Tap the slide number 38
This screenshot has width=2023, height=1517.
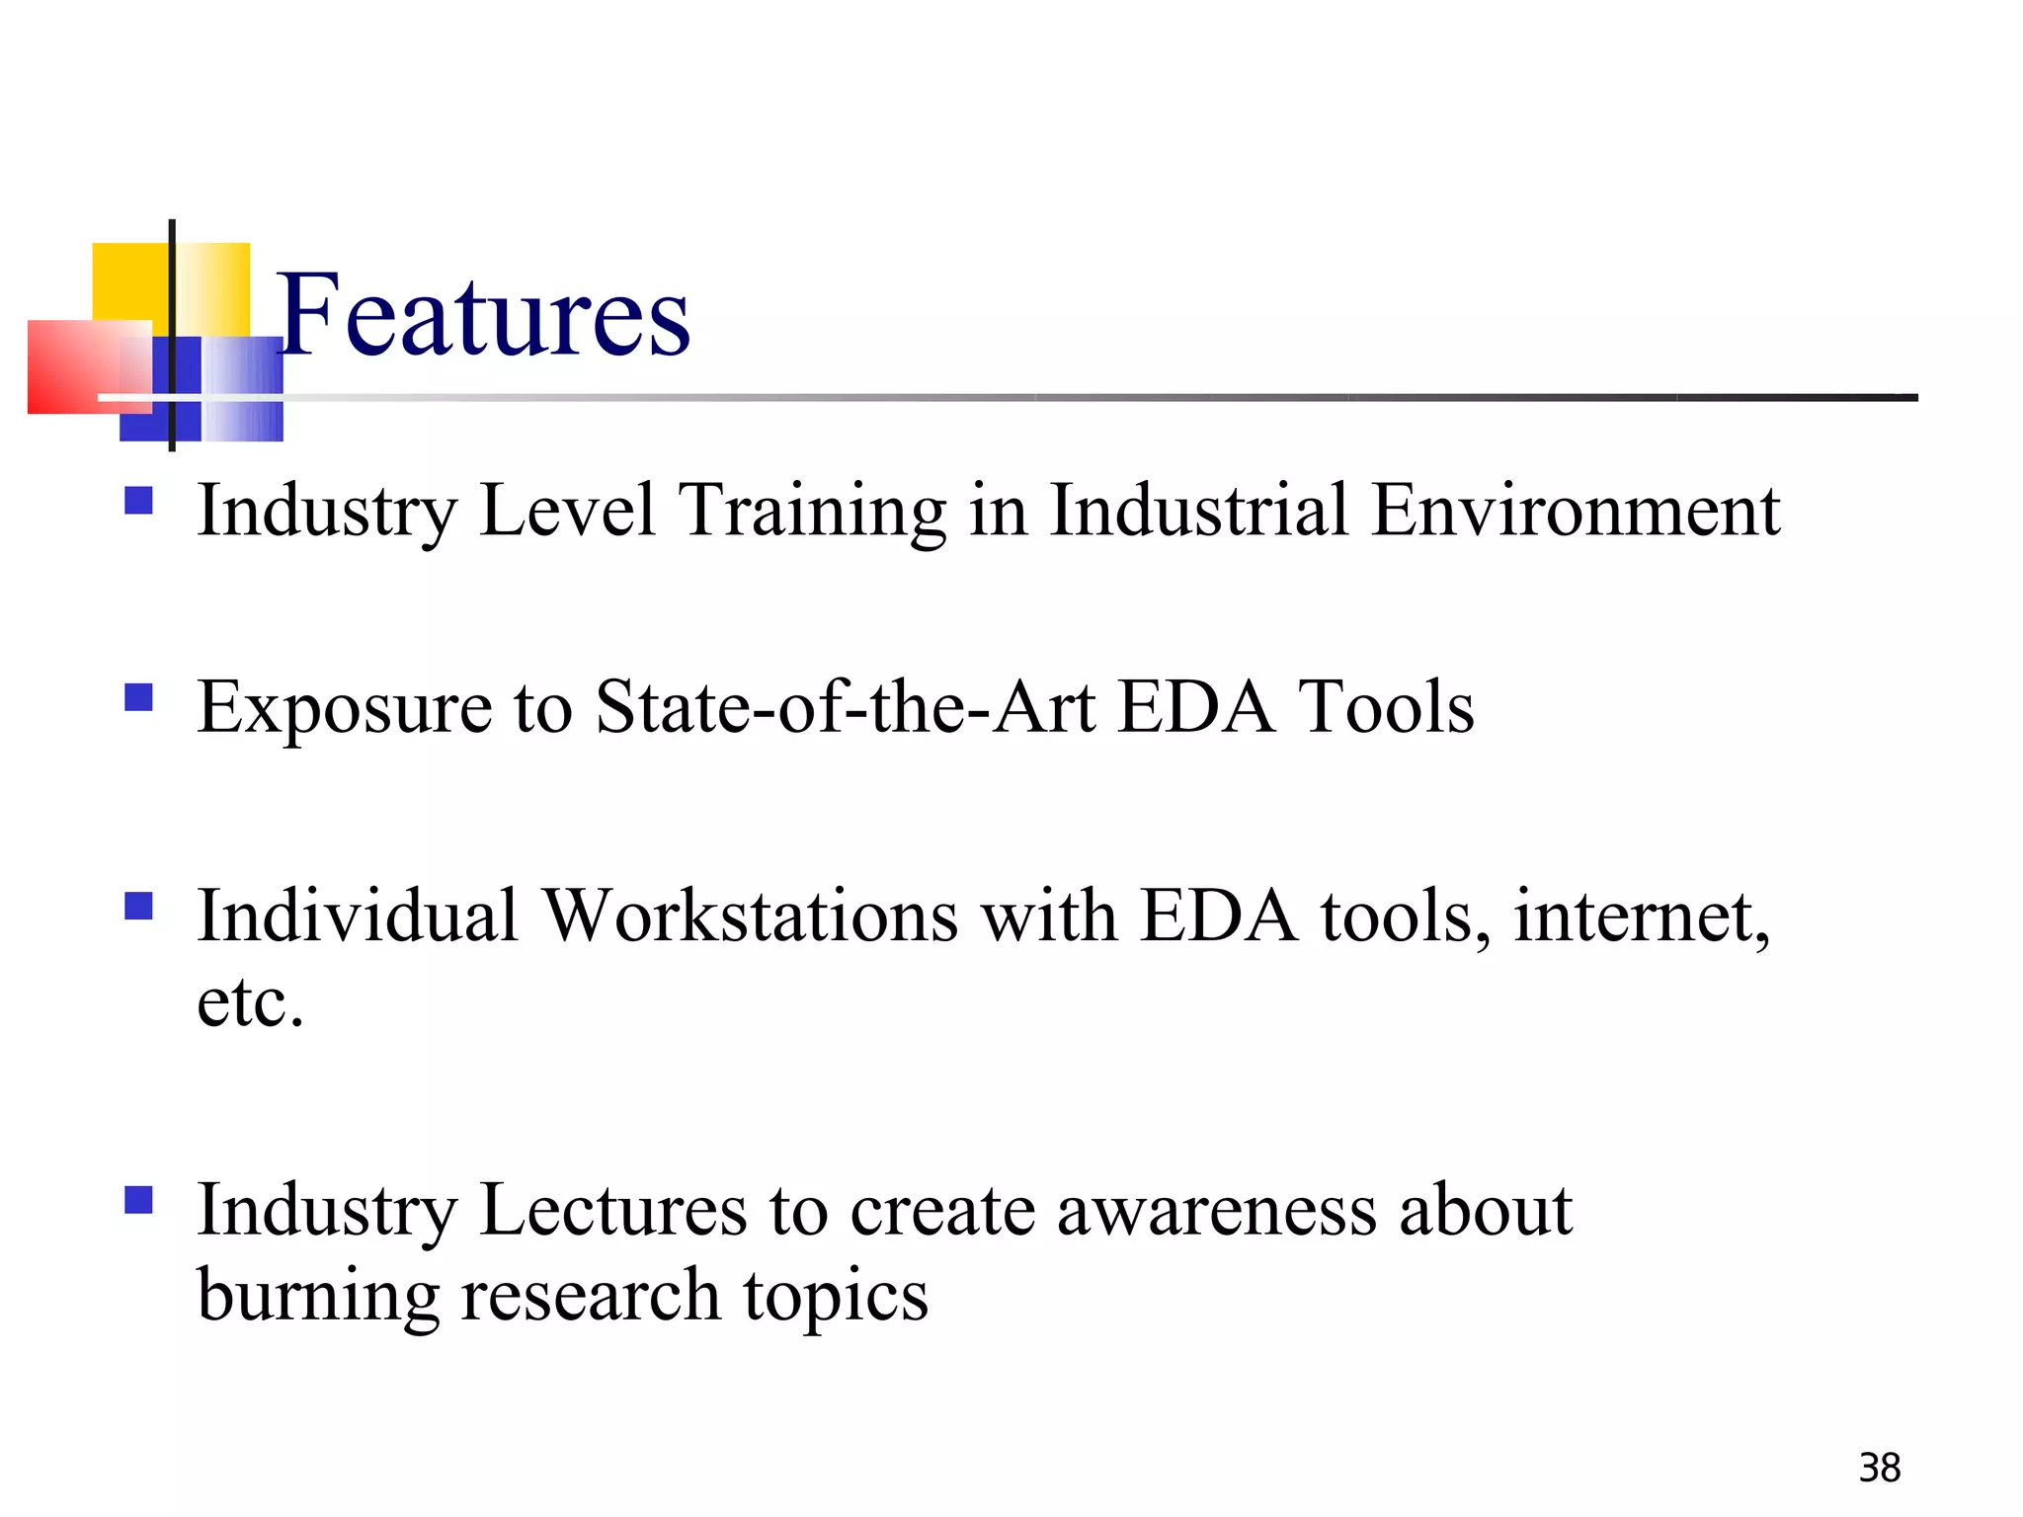point(1879,1469)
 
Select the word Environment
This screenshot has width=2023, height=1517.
point(1576,511)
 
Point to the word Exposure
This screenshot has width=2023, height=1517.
point(344,709)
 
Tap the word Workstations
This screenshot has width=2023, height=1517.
point(751,916)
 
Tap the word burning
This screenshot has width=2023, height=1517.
point(318,1296)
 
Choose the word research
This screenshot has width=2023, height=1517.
point(591,1296)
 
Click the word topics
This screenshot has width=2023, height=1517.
point(836,1298)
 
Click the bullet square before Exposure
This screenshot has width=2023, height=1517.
point(139,698)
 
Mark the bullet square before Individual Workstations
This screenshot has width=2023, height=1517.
point(139,906)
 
